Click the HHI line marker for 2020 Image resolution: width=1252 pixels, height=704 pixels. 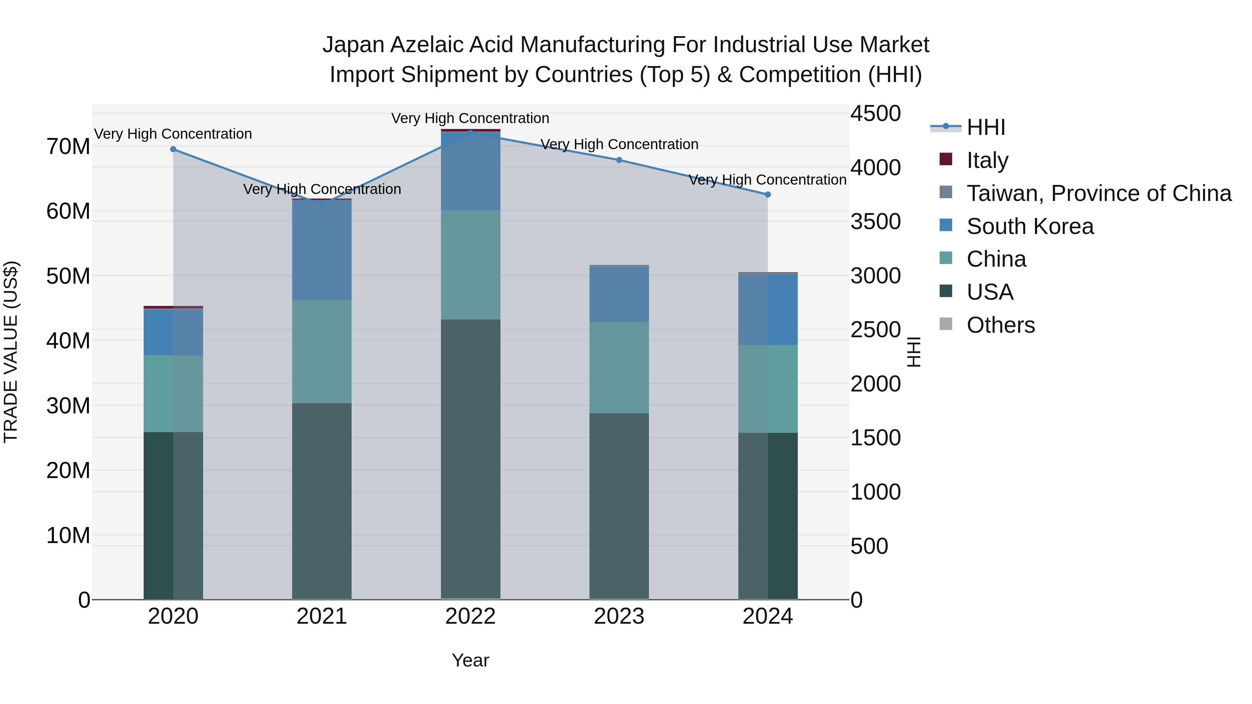[x=173, y=149]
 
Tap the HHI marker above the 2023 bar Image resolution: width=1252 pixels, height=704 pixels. [x=619, y=160]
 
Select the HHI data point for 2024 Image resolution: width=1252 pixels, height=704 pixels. [x=768, y=194]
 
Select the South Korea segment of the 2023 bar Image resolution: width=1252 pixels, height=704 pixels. [x=619, y=294]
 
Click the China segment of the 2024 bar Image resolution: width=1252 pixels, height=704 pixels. [x=768, y=389]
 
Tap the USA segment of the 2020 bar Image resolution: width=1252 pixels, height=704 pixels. [x=173, y=515]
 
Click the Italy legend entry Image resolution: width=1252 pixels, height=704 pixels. [x=987, y=160]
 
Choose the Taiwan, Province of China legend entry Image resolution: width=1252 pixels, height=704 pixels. [x=1098, y=193]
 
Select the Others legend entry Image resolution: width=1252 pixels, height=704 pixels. [x=1000, y=325]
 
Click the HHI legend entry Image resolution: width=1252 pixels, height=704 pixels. [x=985, y=127]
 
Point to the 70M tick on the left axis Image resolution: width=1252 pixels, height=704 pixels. [x=68, y=146]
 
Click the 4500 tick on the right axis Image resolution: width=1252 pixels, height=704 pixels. [x=875, y=114]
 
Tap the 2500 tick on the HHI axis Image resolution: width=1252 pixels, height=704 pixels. [x=875, y=330]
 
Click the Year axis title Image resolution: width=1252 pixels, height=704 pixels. [x=470, y=660]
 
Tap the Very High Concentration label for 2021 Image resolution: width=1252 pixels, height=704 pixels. [x=322, y=189]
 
